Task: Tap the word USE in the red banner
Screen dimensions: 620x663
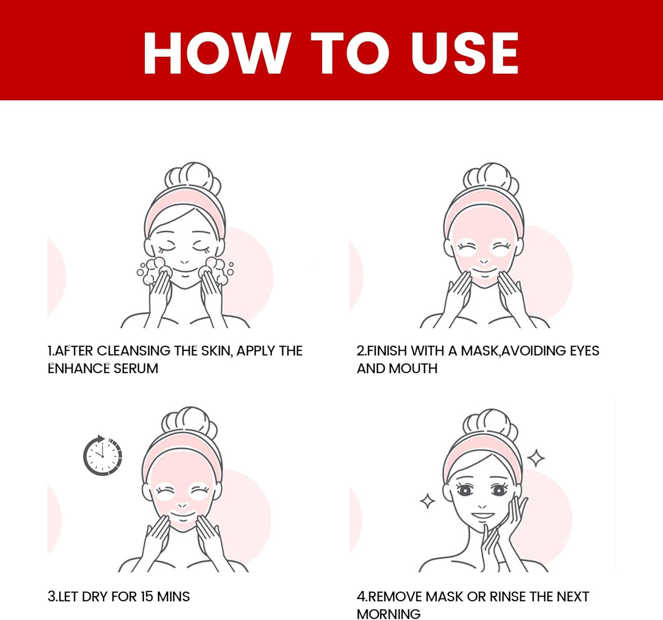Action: [464, 53]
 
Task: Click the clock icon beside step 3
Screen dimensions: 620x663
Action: [103, 455]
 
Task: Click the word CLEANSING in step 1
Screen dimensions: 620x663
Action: [133, 351]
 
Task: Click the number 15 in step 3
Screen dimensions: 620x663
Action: [147, 597]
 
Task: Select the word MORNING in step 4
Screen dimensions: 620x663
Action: [389, 614]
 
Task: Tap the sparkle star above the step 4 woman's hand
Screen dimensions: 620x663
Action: [536, 458]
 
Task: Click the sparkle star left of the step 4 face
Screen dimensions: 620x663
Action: [427, 501]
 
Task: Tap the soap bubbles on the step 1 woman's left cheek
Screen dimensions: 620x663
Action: [152, 270]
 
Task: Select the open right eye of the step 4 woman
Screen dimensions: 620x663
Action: [499, 490]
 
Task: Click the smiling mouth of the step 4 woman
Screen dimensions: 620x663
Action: [483, 515]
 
